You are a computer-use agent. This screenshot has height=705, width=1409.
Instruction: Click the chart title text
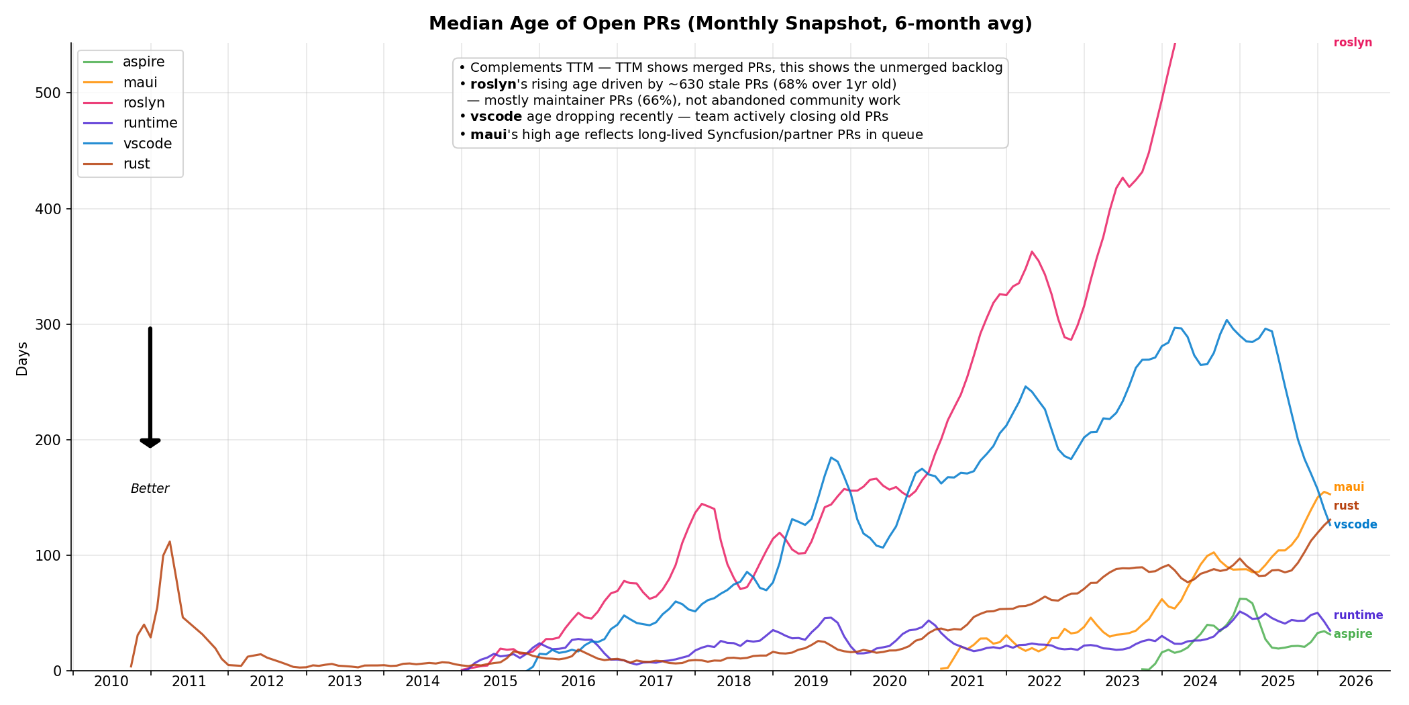(x=730, y=24)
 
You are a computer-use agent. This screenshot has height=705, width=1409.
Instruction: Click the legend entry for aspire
(x=143, y=62)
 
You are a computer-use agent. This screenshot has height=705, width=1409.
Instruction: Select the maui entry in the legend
(x=140, y=83)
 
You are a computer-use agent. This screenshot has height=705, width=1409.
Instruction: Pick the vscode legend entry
(x=147, y=144)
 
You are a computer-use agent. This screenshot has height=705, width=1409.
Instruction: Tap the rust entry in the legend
(x=136, y=164)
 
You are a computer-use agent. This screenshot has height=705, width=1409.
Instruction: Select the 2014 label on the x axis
(x=422, y=682)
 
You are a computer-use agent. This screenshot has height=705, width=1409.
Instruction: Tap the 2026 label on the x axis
(x=1355, y=682)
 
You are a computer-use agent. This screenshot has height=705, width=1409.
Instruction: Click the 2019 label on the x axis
(x=811, y=682)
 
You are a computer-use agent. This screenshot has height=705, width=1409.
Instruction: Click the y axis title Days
(x=22, y=359)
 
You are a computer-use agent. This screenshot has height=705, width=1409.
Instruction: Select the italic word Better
(x=150, y=489)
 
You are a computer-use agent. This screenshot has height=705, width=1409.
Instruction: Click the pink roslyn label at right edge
(x=1353, y=43)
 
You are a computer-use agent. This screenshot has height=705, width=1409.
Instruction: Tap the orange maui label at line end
(x=1349, y=487)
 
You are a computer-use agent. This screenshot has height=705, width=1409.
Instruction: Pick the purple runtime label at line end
(x=1358, y=615)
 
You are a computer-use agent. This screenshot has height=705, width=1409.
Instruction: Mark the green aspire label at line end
(x=1353, y=634)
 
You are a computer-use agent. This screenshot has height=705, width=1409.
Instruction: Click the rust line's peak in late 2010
(x=170, y=542)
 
